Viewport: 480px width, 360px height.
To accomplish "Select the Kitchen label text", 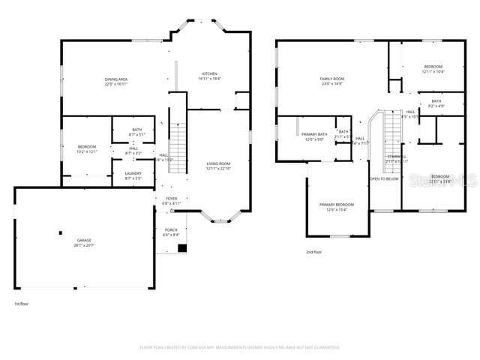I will (x=208, y=74).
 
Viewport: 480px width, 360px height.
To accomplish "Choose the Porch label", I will (x=171, y=230).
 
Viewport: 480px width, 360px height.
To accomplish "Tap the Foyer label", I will (x=171, y=199).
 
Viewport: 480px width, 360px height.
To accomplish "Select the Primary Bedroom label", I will (x=336, y=205).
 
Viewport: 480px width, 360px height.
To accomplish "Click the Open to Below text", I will (x=383, y=178).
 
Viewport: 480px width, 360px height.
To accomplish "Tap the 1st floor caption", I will (x=21, y=304).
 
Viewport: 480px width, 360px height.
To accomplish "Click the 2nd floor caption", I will (x=315, y=251).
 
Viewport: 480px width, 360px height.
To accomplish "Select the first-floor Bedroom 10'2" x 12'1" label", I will (x=88, y=147).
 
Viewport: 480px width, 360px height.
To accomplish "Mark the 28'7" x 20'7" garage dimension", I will (x=83, y=245).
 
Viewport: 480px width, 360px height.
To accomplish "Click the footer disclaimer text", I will (x=240, y=347).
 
